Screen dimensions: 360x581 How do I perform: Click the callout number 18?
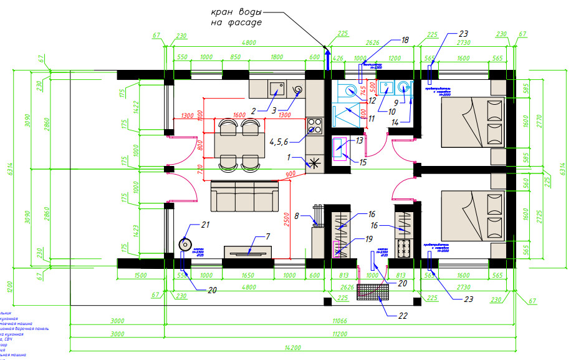point(405,40)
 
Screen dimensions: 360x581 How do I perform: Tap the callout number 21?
point(205,225)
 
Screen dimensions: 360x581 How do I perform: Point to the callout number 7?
point(268,237)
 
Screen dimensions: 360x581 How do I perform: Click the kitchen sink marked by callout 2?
point(276,89)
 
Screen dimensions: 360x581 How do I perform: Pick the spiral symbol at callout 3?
point(299,90)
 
